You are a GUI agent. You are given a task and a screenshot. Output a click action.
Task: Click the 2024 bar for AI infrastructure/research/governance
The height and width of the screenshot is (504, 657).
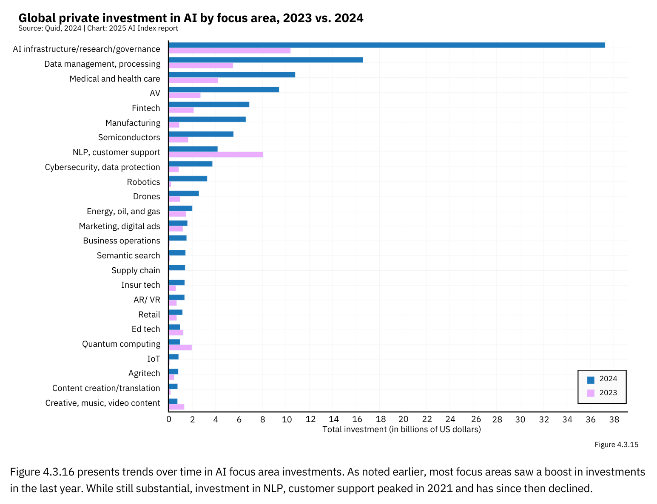pos(387,45)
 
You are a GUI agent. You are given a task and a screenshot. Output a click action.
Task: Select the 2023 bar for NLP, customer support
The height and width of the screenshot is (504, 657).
pos(216,155)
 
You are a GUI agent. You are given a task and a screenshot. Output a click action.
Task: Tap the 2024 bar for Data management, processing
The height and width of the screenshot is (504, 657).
pos(266,60)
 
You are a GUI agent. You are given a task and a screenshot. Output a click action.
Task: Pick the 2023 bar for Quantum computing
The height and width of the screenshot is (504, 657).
pos(180,348)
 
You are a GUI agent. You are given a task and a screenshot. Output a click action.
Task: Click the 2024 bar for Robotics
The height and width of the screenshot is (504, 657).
pos(188,178)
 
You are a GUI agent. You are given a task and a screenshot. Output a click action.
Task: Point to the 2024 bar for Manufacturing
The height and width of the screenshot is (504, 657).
pos(207,119)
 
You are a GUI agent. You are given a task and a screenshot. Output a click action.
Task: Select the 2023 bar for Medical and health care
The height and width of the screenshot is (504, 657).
pos(193,80)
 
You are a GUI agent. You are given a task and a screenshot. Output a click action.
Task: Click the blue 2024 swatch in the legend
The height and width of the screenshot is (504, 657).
pos(591,379)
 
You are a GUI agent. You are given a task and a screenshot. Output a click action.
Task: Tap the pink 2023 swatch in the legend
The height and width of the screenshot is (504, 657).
pos(591,393)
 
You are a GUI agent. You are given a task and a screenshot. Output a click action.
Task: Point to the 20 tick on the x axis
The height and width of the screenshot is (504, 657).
pos(404,419)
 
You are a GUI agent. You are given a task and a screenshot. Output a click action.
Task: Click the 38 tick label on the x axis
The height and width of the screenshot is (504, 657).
pos(614,419)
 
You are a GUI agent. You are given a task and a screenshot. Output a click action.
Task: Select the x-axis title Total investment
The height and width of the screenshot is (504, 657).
pos(401,429)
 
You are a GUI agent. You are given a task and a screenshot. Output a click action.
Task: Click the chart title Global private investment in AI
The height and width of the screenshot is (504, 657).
pos(191,18)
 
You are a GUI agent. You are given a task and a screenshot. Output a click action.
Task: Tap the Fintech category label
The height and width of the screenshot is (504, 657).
pos(146,108)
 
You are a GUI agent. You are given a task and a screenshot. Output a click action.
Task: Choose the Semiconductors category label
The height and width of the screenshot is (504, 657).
pos(129,137)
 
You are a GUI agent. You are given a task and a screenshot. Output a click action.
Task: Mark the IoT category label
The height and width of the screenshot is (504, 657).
pos(154,359)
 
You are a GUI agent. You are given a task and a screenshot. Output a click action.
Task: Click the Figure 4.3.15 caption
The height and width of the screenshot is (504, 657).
pos(616,445)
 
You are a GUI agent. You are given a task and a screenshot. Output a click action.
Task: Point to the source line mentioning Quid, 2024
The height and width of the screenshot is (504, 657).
pos(98,28)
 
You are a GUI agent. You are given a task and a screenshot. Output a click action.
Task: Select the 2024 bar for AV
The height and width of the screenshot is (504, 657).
pos(224,90)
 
